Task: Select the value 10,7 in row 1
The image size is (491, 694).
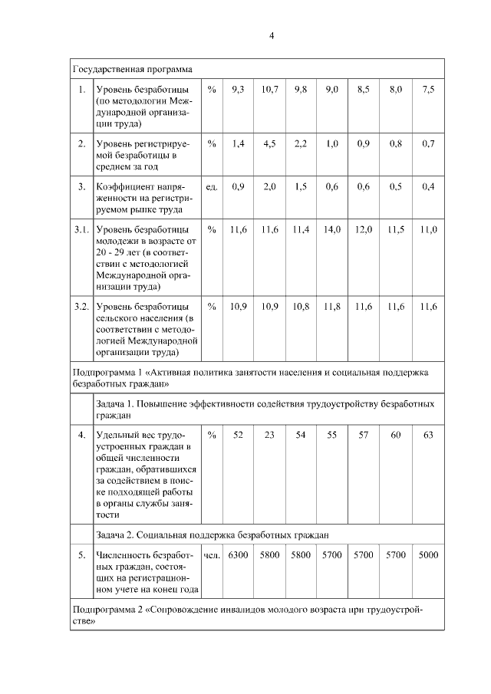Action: pos(269,90)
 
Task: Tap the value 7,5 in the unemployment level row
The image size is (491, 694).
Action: pos(428,90)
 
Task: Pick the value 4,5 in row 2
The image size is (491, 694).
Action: pos(269,143)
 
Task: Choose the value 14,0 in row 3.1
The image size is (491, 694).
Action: pos(331,229)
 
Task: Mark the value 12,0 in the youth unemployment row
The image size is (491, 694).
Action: pos(364,229)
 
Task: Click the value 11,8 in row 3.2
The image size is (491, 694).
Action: pos(331,307)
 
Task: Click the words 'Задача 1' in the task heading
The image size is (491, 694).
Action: pos(116,403)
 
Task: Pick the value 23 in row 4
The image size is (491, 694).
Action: pos(269,435)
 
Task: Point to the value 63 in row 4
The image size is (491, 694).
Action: pos(428,435)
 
